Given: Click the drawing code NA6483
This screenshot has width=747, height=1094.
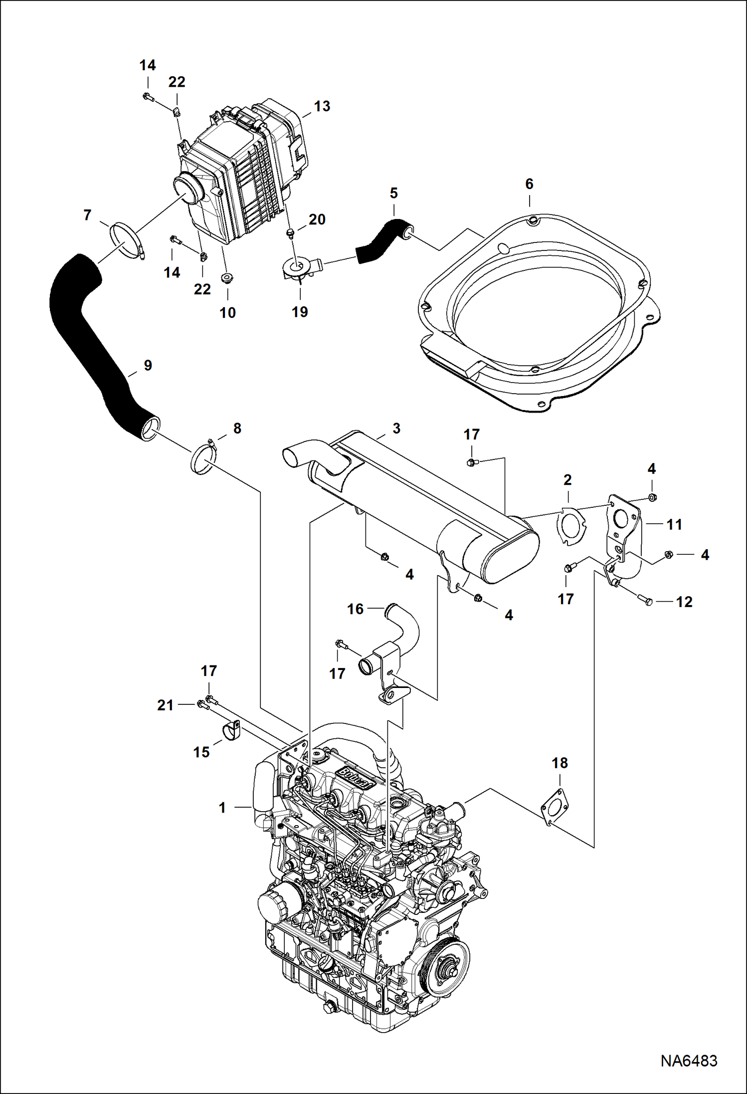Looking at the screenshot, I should (689, 1060).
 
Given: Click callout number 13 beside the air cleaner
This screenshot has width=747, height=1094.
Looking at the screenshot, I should (322, 106).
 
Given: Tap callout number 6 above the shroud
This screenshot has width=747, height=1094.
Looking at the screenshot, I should (529, 184).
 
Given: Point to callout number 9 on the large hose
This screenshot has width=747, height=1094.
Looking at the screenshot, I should (148, 365).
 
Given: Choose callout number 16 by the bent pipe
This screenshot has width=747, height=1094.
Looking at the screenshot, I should (355, 609).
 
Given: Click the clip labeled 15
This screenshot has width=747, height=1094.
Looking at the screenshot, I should (229, 731).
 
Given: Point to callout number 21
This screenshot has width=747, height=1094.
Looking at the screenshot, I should (165, 705).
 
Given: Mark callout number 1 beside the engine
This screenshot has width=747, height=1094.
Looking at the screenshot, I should (222, 808).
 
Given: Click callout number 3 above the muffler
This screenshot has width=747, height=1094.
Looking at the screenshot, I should (396, 429).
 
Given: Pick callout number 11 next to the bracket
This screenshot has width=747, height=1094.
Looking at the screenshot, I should (674, 524).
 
